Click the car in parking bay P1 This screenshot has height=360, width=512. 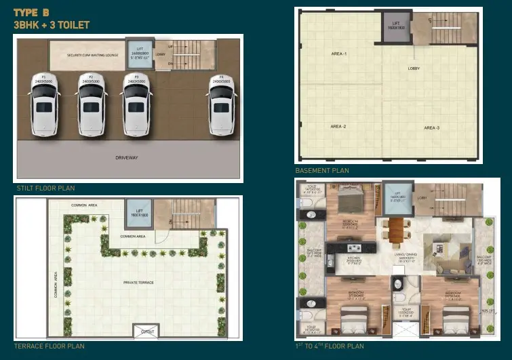[44, 107]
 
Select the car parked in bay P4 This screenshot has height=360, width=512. [220, 107]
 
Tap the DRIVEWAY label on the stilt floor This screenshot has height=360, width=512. [126, 158]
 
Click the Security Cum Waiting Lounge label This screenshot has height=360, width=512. [92, 55]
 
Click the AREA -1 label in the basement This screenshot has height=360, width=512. [338, 53]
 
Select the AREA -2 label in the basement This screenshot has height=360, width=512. [338, 127]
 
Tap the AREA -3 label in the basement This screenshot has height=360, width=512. [432, 127]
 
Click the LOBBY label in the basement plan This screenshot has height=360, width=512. [414, 68]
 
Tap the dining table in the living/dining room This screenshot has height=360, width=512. [394, 230]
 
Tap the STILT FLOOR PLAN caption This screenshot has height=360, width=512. [46, 188]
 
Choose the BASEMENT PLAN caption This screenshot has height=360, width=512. [322, 171]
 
